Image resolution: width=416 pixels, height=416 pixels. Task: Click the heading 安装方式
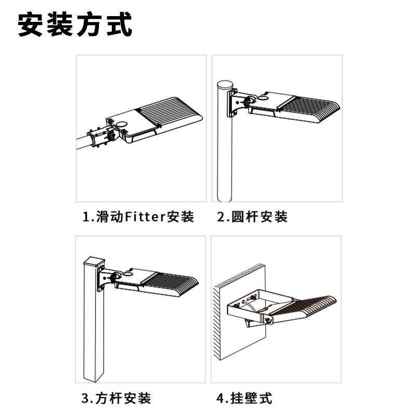pyautogui.click(x=75, y=24)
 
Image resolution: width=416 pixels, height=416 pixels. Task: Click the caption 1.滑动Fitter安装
pyautogui.click(x=138, y=217)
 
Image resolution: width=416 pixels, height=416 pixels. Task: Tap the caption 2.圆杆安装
pyautogui.click(x=252, y=217)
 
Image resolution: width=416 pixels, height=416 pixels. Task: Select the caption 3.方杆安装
pyautogui.click(x=116, y=398)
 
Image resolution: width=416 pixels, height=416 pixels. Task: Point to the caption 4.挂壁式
pyautogui.click(x=244, y=398)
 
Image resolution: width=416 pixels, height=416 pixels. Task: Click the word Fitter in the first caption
pyautogui.click(x=146, y=217)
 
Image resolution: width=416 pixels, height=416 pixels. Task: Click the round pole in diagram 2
pyautogui.click(x=225, y=144)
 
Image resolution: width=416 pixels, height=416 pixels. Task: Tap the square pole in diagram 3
pyautogui.click(x=94, y=321)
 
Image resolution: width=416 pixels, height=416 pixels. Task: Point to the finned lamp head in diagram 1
pyautogui.click(x=154, y=120)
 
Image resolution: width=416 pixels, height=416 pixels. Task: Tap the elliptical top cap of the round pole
pyautogui.click(x=225, y=85)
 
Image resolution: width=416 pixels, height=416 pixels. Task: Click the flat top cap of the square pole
pyautogui.click(x=95, y=261)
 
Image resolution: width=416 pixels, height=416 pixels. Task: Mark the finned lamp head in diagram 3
pyautogui.click(x=157, y=282)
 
